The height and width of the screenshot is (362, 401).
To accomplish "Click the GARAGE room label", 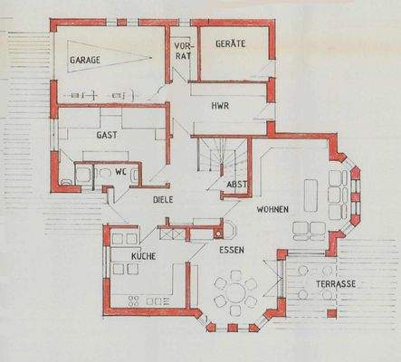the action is point(85,60).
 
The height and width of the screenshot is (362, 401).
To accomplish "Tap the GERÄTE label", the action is point(231,43).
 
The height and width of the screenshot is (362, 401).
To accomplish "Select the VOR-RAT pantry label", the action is point(183,51).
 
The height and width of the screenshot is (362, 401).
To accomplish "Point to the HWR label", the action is point(220,106).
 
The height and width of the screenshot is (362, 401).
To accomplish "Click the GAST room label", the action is point(107,135).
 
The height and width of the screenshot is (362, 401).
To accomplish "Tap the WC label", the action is point(120,172).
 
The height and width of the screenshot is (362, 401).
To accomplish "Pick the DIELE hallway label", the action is point(163,199).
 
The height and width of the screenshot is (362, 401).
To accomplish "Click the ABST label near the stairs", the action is point(237,184).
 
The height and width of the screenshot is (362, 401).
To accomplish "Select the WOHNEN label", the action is point(272,209).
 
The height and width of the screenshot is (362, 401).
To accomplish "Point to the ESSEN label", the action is point(232,250).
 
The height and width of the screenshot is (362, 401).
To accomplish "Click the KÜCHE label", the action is point(144,256).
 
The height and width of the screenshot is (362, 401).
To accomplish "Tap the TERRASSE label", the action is point(336,284).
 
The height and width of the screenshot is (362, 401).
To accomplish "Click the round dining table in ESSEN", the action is point(235,292).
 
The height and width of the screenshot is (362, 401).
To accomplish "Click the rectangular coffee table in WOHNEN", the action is point(310,195).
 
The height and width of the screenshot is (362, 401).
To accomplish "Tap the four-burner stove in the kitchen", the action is point(134,300).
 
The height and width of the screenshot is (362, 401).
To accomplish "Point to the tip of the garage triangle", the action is point(150,57).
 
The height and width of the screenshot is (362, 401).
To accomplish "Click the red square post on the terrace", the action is point(331,313).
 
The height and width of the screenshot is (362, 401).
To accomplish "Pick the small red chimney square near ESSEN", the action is point(217,233).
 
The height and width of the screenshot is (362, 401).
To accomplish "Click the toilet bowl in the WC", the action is point(105,175).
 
